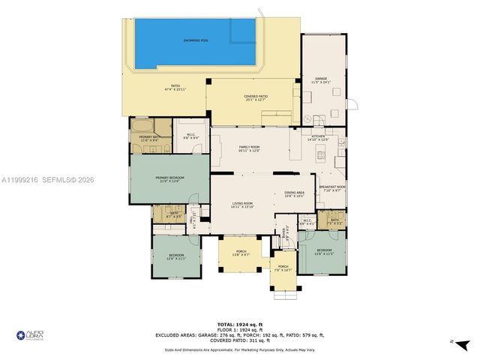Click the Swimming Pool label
point(196,40)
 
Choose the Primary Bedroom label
point(169,178)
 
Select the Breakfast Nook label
point(331,188)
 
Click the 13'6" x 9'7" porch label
point(241,253)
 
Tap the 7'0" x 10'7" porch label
point(283,268)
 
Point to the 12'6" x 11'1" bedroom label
point(176,257)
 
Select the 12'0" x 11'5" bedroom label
point(323,251)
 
